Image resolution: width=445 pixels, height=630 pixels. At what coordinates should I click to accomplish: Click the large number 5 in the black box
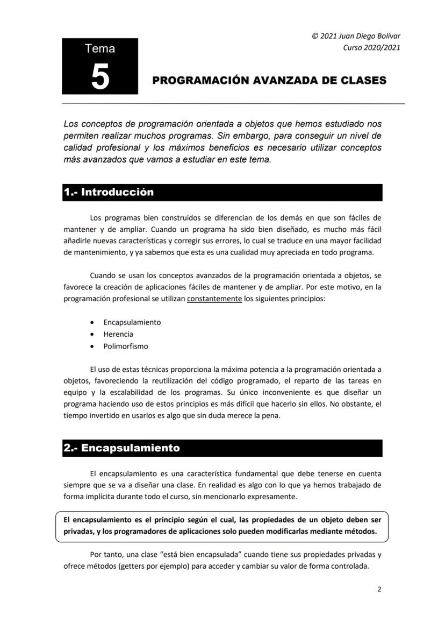100,76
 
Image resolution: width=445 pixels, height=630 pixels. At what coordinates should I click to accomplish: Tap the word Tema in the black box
100,49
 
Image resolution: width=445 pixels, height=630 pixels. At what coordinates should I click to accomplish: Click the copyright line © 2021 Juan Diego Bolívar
356,36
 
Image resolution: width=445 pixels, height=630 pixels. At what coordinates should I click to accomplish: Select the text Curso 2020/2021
371,47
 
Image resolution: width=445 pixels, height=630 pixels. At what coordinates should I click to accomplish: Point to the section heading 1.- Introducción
109,192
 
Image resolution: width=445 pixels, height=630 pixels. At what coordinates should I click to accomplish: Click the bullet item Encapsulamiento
132,322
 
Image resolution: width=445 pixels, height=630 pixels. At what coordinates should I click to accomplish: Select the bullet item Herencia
118,334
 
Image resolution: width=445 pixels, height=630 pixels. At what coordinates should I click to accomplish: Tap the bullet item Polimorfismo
126,346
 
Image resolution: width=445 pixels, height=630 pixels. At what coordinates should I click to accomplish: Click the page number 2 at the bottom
379,589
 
